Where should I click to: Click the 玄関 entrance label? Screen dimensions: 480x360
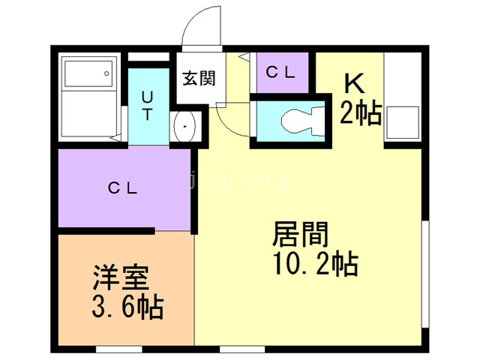pos(199,79)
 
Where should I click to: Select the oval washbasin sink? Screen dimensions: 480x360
pos(184,126)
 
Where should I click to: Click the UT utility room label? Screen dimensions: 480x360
pos(147,106)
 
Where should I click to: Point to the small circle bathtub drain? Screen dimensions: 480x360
pos(106,73)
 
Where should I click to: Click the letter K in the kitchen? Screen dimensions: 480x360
pos(355,83)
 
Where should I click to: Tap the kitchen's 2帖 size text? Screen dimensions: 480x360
pos(361,113)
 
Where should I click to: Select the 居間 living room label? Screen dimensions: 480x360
pos(300,234)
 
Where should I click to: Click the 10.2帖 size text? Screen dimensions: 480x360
pos(316,263)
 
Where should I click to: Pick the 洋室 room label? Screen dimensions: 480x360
pos(121,277)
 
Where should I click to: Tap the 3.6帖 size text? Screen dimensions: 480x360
pos(127,307)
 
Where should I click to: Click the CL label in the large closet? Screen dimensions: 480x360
pos(122,188)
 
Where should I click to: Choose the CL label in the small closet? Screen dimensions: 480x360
pos(280,72)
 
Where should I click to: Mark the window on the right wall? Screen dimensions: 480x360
pos(425,274)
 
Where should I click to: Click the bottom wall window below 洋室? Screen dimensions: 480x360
pos(119,349)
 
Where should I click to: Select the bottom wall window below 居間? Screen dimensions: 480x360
pos(242,349)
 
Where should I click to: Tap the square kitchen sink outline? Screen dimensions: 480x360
pos(403,123)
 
